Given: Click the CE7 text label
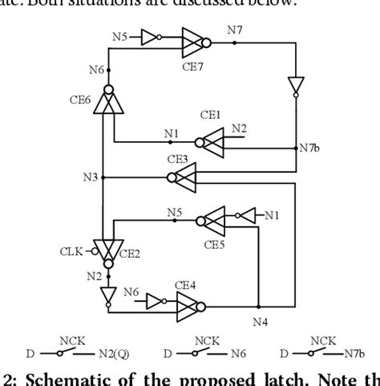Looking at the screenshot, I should coord(192,67).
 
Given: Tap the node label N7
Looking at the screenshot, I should coord(235,30).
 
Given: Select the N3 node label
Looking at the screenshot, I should coord(90,177).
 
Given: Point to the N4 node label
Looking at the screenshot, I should coord(260,323).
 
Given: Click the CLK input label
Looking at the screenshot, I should coord(71,250).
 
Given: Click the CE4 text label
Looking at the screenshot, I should coord(185,285).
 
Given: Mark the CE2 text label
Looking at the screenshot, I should coord(131,253).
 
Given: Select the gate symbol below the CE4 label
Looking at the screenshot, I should coord(189,305).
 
